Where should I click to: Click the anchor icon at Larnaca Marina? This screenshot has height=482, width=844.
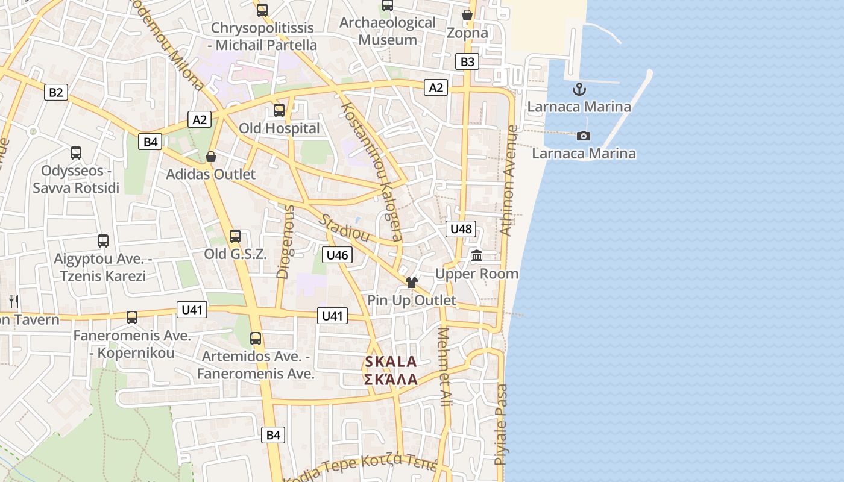(579, 90)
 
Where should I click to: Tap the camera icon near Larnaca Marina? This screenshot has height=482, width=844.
(584, 136)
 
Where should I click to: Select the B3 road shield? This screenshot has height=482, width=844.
(468, 61)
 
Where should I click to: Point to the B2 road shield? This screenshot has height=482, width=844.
(55, 92)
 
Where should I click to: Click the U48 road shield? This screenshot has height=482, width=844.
(461, 229)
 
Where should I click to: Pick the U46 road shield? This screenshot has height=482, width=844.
(337, 255)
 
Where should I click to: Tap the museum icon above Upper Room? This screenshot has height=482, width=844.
(477, 256)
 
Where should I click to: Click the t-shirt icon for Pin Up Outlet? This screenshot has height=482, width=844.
(412, 282)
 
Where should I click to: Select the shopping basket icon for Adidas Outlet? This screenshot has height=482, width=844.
(211, 157)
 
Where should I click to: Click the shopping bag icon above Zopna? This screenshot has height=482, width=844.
(467, 15)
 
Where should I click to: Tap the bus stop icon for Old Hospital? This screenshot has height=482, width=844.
(279, 110)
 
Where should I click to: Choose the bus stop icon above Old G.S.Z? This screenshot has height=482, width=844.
(235, 236)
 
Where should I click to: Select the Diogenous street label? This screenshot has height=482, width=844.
(283, 242)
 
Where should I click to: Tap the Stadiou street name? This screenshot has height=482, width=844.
(344, 227)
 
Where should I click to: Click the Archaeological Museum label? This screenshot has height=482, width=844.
(388, 31)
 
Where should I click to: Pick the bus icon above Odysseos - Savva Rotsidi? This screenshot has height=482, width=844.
(76, 153)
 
